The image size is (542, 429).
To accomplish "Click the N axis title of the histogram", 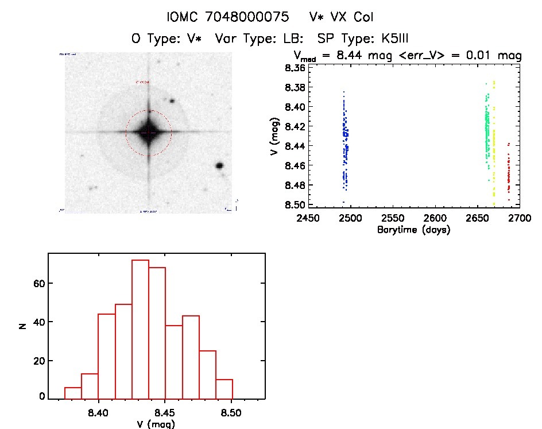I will (22, 326).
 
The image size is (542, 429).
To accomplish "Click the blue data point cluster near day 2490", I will (345, 144).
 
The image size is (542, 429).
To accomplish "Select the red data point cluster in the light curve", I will (509, 172).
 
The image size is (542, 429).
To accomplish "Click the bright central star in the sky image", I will (148, 132).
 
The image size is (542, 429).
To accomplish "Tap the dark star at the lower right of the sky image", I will (219, 165).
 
